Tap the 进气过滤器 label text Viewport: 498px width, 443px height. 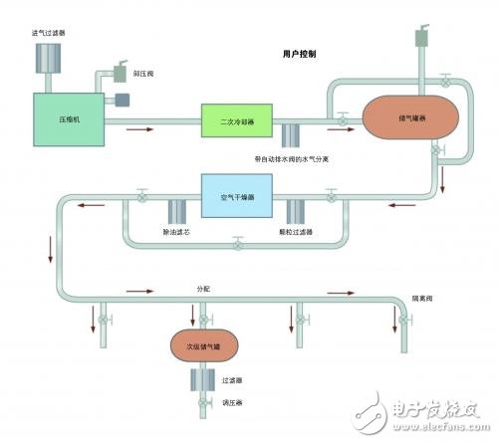click(x=50, y=33)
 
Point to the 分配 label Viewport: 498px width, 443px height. click(x=205, y=287)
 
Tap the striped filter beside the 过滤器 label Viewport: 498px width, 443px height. click(x=203, y=379)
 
